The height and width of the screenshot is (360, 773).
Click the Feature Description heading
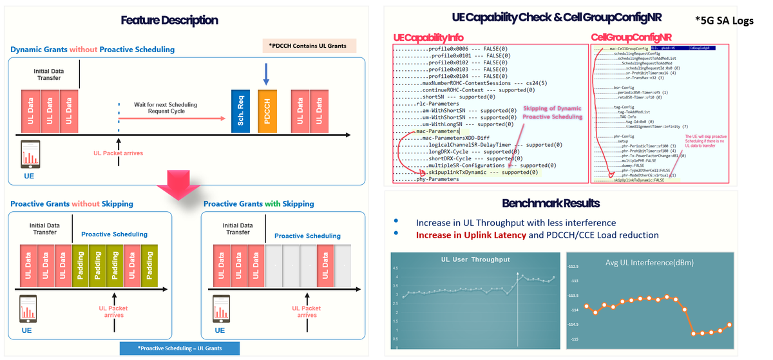click(169, 21)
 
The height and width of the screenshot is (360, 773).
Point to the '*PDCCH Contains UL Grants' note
click(309, 46)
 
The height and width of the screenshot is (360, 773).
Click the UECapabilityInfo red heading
click(428, 38)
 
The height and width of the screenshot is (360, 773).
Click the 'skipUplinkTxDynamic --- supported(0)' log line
click(482, 172)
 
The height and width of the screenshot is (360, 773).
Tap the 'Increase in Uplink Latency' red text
click(471, 236)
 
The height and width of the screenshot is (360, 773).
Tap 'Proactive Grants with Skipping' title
click(259, 204)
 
